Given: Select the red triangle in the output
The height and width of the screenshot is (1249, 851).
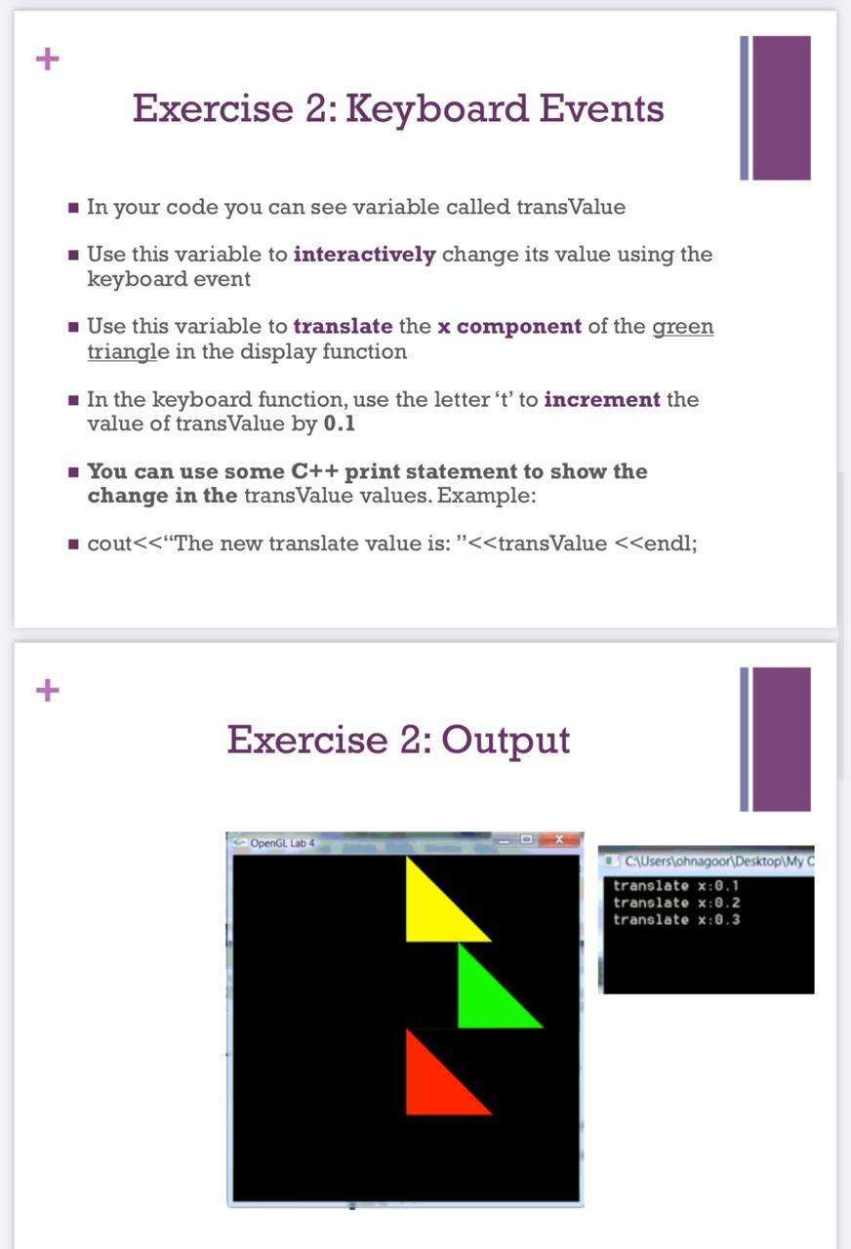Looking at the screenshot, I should coord(435,1083).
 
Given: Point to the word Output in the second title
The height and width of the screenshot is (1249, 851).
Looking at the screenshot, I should coord(505,740).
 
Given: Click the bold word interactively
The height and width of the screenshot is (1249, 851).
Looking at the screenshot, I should coord(364,255).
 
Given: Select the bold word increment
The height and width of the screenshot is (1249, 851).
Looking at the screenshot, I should coord(602,399).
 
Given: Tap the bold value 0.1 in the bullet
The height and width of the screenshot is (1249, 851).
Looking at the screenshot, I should coord(340,424).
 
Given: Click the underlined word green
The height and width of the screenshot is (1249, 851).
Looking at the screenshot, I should coord(682,327).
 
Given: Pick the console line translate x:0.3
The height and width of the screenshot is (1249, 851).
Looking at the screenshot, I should coord(676,919).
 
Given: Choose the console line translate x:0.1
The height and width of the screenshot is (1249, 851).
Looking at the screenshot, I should coord(676,886).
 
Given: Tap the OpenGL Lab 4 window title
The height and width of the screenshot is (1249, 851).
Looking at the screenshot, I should coord(282,842).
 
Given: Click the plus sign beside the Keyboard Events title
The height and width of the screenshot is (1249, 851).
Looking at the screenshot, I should coord(47,60).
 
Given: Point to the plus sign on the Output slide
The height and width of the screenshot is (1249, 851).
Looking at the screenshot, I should coord(47,691).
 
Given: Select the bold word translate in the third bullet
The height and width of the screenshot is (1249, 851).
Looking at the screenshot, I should coord(343,327).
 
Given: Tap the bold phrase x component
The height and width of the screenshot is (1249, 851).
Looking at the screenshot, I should coord(509,327).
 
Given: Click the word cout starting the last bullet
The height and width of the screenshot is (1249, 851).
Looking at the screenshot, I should coord(109,544).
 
